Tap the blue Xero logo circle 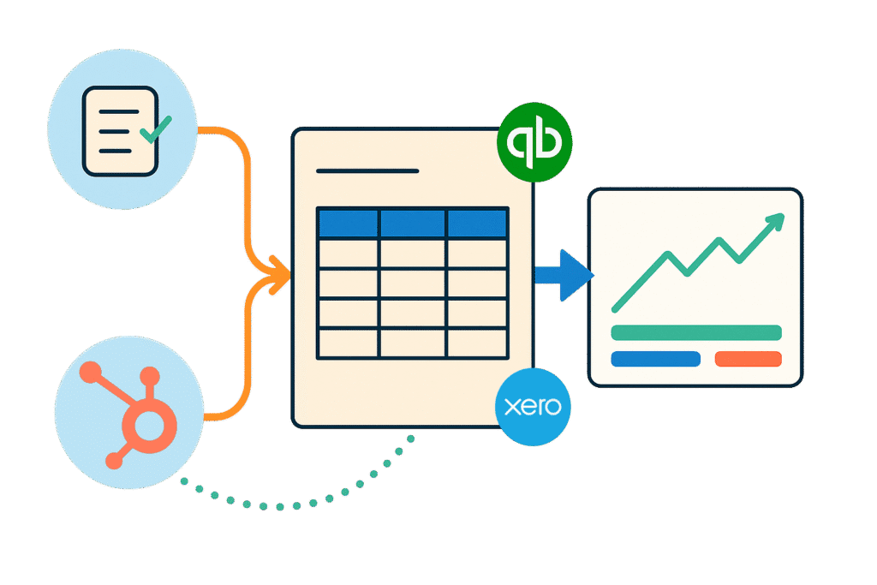[x=534, y=408]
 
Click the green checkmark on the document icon [x=155, y=130]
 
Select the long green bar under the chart [x=695, y=332]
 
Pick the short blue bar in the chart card [x=655, y=359]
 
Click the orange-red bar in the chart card [x=748, y=359]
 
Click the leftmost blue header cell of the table [x=348, y=223]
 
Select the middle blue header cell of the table [x=413, y=223]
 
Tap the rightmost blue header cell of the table [x=477, y=223]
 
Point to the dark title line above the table [x=367, y=171]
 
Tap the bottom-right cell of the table [x=477, y=343]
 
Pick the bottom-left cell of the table [x=348, y=343]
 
